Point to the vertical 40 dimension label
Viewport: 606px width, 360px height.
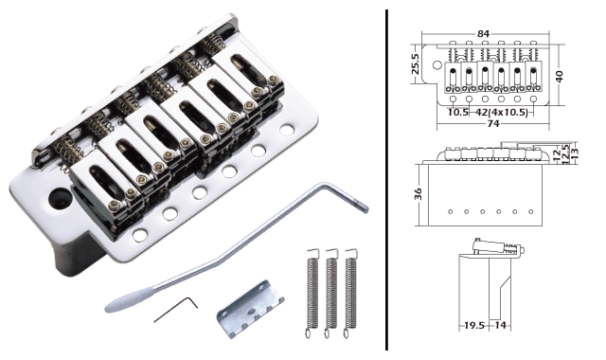(x=560, y=75)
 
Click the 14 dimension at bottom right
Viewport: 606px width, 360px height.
(x=500, y=324)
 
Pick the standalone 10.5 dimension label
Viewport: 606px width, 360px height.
(x=459, y=110)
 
